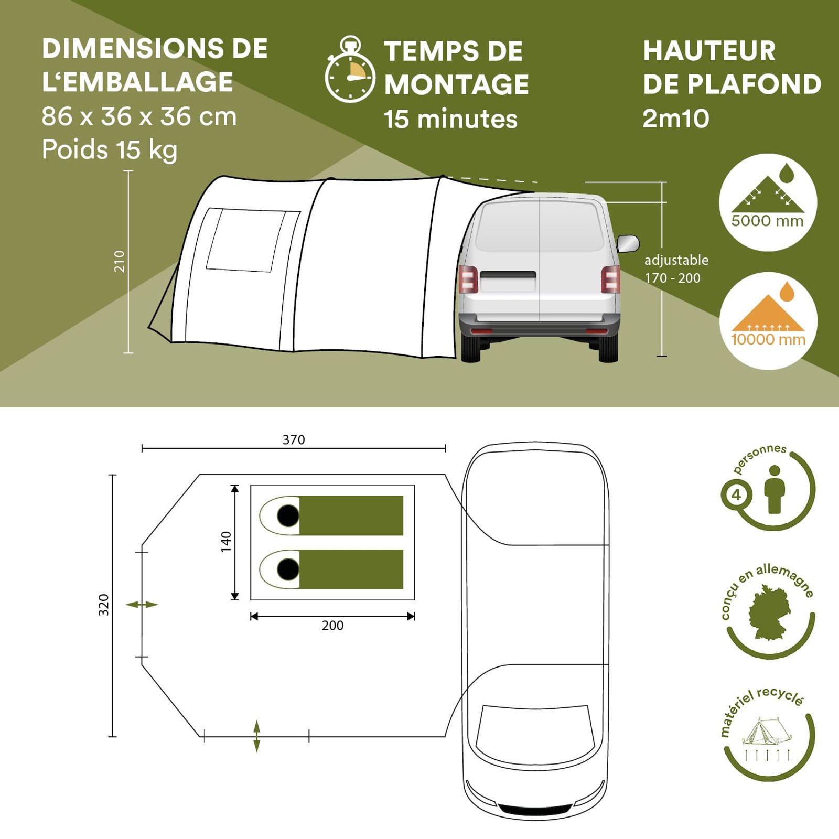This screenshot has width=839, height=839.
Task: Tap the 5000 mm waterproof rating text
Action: (x=767, y=221)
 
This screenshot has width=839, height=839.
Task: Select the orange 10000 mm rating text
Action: (x=768, y=339)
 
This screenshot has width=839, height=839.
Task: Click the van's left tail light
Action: (x=468, y=278)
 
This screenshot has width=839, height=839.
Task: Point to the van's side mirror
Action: (x=628, y=244)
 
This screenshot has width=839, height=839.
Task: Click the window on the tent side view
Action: (x=246, y=240)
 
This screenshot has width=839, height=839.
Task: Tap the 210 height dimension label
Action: (x=120, y=261)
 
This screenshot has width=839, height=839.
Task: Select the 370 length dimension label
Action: (x=294, y=439)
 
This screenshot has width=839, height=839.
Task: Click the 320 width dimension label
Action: (x=104, y=605)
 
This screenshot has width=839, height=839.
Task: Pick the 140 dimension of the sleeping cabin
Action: (x=226, y=542)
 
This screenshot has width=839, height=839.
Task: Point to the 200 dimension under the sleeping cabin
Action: (x=333, y=626)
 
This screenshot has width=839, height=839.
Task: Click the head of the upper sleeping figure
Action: (x=288, y=516)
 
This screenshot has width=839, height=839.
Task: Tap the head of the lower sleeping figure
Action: (x=288, y=569)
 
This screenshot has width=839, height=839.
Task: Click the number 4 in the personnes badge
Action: (x=736, y=495)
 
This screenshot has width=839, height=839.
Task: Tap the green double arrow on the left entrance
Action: (x=142, y=605)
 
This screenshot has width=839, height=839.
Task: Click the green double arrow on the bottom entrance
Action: (x=256, y=736)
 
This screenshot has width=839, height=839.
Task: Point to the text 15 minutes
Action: (x=450, y=119)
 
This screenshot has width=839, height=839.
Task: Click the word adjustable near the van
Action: (x=676, y=260)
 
